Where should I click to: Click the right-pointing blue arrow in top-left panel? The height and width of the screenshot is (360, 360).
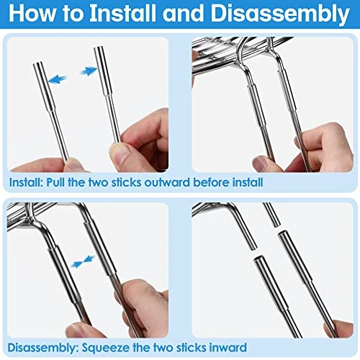pyautogui.click(x=88, y=71)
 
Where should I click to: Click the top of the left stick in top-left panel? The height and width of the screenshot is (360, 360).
pyautogui.click(x=39, y=66)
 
